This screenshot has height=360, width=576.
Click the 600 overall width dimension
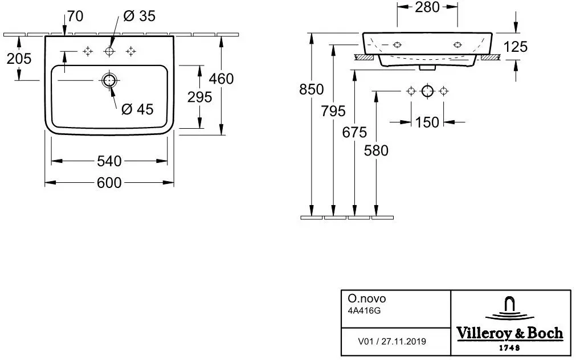(109, 183)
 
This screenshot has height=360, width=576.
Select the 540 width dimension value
(109, 161)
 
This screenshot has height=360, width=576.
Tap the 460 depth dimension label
(221, 79)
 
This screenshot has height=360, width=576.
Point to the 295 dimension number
(200, 97)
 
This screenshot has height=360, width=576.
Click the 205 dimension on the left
(19, 59)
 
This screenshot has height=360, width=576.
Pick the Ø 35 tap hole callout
(139, 16)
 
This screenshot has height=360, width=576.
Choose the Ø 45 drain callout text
(137, 109)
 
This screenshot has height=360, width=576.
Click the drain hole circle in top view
(109, 80)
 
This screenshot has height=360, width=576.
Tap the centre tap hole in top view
(109, 51)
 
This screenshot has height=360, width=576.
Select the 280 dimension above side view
(427, 7)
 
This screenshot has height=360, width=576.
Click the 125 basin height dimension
(516, 47)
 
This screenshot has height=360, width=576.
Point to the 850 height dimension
(312, 89)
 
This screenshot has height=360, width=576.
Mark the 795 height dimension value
(333, 111)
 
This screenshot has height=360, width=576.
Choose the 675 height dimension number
(354, 132)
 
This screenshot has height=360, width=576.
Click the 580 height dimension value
(376, 150)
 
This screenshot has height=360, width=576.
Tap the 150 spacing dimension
(427, 122)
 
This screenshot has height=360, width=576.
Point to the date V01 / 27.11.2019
(392, 342)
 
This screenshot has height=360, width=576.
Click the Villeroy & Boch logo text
(509, 333)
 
